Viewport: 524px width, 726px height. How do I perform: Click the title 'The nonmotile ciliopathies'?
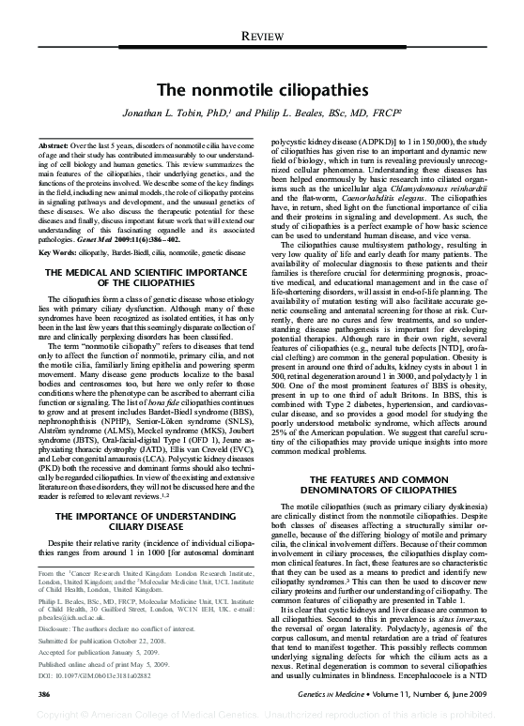pyautogui.click(x=261, y=90)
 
